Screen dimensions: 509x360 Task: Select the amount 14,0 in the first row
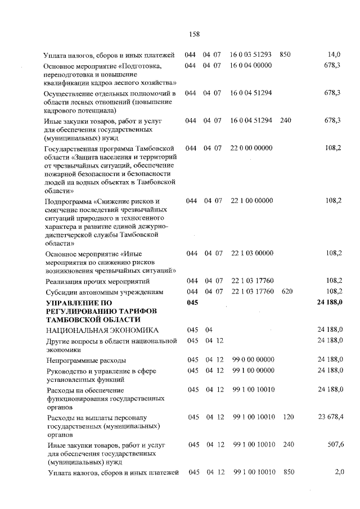(x=334, y=55)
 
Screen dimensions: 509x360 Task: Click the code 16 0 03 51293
(x=251, y=55)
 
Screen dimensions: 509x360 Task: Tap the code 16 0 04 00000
(x=251, y=66)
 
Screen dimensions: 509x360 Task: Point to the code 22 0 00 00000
(x=251, y=148)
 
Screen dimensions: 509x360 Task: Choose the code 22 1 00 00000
(x=251, y=200)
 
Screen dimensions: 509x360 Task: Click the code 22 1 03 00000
(x=251, y=253)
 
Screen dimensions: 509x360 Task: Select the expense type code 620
(x=287, y=291)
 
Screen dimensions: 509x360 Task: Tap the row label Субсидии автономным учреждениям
(x=104, y=292)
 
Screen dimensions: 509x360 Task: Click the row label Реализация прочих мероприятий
(x=97, y=281)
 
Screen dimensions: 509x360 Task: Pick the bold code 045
(x=192, y=303)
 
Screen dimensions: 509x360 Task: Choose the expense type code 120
(x=289, y=417)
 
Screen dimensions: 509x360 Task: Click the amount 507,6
(x=334, y=444)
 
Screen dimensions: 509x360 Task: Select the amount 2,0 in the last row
(x=339, y=472)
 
